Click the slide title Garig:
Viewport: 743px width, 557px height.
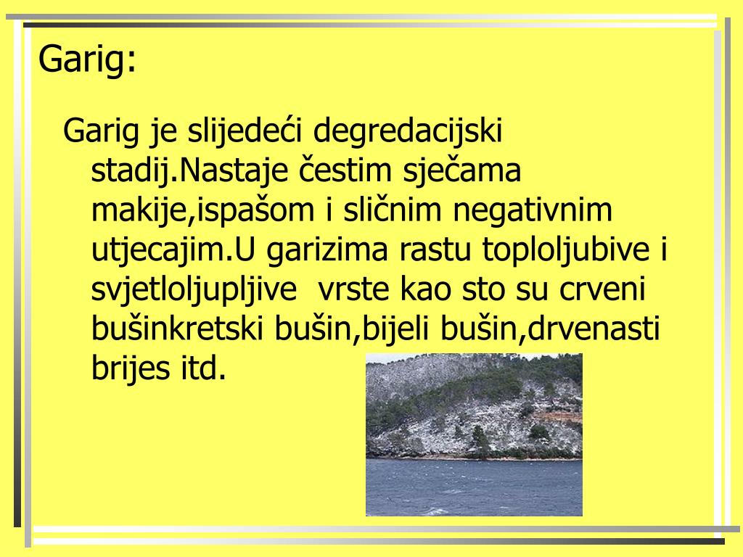[87, 59]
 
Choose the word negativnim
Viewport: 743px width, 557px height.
[533, 211]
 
